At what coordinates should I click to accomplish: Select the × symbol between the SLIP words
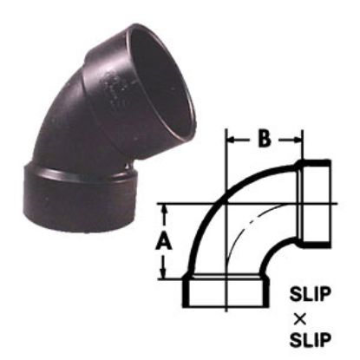click(310, 315)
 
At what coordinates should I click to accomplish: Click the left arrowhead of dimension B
click(231, 137)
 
